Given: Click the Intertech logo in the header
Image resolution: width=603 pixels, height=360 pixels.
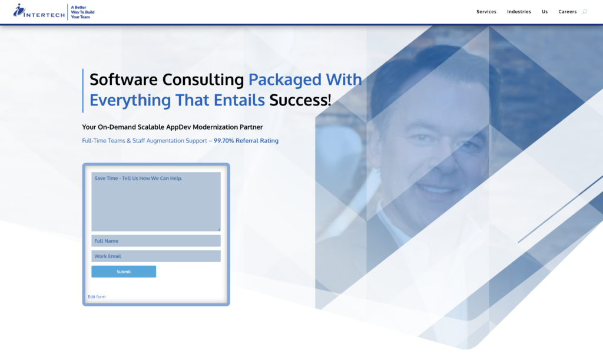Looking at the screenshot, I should tap(39, 11).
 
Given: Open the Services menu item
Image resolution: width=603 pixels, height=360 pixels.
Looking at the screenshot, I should tap(486, 12).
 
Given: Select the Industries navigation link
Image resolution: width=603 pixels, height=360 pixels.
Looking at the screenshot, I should tap(519, 12).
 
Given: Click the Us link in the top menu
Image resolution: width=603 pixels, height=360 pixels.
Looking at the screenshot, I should tap(545, 12).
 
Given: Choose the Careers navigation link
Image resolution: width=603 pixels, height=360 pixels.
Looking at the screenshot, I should tap(568, 12).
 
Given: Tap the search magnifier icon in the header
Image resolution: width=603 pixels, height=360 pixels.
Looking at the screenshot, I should tap(585, 12).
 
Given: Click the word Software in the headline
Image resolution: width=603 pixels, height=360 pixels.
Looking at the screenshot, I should tap(125, 80).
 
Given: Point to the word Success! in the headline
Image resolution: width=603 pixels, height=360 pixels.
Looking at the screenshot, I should tap(300, 100).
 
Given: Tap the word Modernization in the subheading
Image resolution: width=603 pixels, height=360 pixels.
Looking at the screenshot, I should tap(212, 127).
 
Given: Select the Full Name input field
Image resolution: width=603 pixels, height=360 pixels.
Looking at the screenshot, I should tap(155, 241).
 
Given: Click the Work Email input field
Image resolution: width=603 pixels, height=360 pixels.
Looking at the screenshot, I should tap(155, 256).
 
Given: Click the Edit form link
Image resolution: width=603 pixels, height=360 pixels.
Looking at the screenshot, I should tap(97, 297).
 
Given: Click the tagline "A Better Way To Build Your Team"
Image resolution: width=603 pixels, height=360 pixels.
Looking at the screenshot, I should tap(82, 12).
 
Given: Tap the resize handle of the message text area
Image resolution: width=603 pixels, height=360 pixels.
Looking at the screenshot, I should tap(219, 229).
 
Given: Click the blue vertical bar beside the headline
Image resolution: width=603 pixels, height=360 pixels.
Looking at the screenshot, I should tap(83, 90).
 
